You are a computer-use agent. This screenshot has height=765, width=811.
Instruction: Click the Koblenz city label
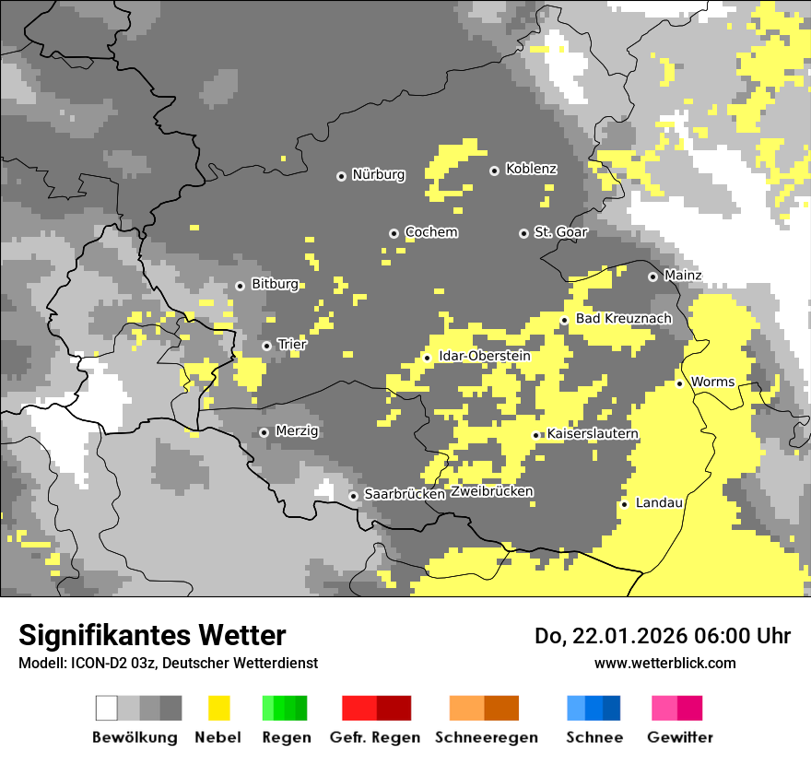coord(531,170)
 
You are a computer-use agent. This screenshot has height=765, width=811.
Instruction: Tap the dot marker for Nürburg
coord(341,175)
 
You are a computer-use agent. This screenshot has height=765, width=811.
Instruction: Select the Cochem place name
coord(430,232)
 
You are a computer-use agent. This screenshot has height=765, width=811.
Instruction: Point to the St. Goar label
coord(560,232)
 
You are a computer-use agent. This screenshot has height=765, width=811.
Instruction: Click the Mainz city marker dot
coord(652,277)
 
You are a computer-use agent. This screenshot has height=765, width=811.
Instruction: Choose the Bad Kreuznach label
coord(623,319)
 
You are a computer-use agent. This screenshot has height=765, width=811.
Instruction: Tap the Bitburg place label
coord(275,285)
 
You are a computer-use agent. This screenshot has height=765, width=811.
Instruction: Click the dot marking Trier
coord(267,346)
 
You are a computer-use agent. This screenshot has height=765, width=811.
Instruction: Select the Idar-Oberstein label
coord(484,356)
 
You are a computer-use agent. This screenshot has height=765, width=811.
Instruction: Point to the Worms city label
coord(711,382)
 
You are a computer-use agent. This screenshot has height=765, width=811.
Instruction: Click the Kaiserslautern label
coord(593,434)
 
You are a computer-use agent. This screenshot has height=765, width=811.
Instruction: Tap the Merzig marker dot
coord(264,432)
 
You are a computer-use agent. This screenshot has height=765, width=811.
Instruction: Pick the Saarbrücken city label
coord(404,495)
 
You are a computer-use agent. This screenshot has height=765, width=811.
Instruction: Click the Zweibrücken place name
coord(491,492)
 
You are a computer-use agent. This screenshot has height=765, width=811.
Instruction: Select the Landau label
coord(659,503)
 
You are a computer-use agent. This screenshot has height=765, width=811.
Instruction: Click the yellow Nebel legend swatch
coord(217,708)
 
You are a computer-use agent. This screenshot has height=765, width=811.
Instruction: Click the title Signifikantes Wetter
coord(152,636)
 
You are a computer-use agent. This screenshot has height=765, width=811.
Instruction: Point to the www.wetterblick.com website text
coord(664,664)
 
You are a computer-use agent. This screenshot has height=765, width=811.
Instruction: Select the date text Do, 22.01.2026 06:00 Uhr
coord(662,636)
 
